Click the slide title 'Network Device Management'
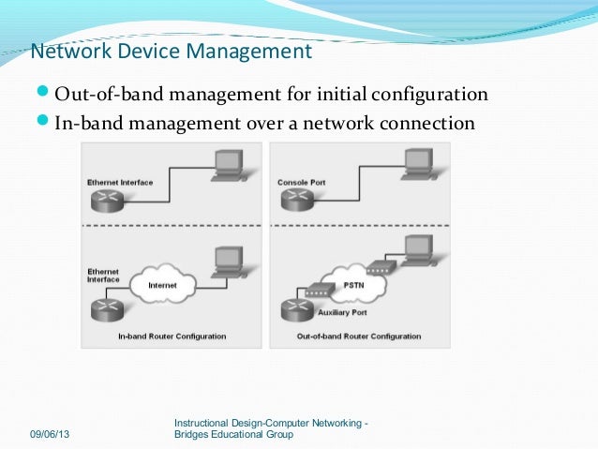click(171, 51)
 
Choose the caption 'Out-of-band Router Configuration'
click(359, 336)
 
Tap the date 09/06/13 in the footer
click(55, 435)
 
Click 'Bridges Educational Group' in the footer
click(234, 435)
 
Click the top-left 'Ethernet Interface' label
click(119, 182)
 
